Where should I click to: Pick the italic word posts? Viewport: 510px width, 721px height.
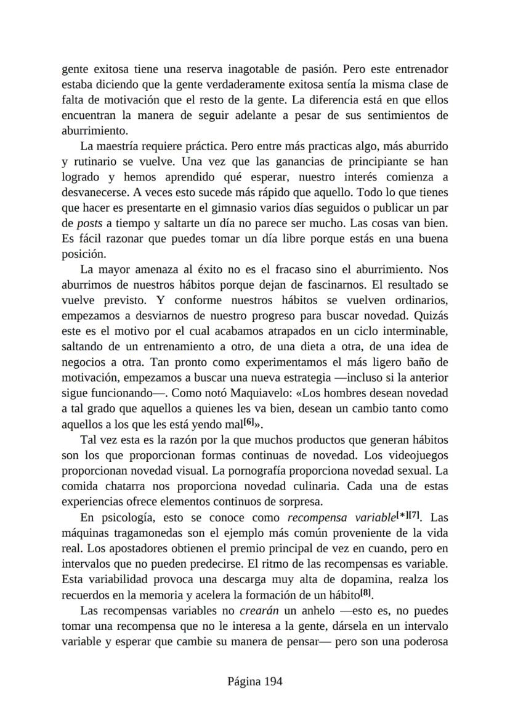coord(89,223)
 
